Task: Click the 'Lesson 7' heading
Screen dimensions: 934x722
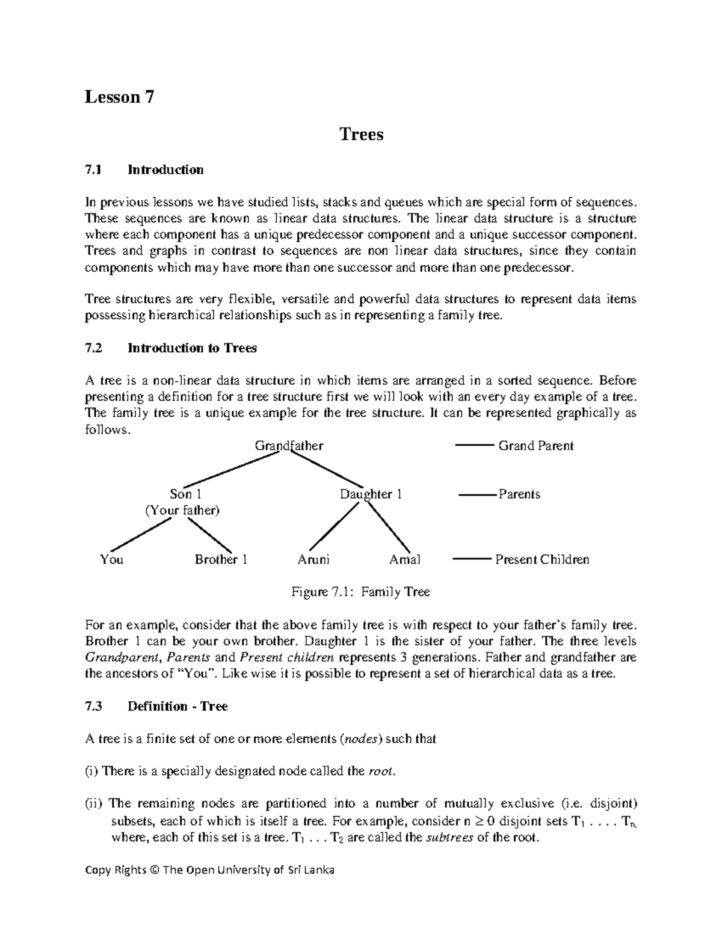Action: pyautogui.click(x=120, y=97)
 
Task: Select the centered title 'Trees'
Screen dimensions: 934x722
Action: pyautogui.click(x=361, y=134)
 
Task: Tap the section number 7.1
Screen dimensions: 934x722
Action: pyautogui.click(x=93, y=170)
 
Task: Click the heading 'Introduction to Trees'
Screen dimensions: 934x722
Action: pyautogui.click(x=192, y=348)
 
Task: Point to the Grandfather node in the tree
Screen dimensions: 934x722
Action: pyautogui.click(x=289, y=446)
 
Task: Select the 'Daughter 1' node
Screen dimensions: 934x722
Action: pyautogui.click(x=371, y=494)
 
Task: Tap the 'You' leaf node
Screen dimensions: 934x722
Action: pyautogui.click(x=112, y=560)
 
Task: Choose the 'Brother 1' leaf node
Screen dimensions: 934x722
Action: pyautogui.click(x=221, y=560)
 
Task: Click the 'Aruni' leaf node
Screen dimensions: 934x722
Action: pyautogui.click(x=313, y=560)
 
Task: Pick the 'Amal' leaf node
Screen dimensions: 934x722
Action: pyautogui.click(x=405, y=560)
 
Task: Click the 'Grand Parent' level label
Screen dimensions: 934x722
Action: pyautogui.click(x=535, y=446)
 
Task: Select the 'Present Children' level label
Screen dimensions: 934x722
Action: pyautogui.click(x=541, y=560)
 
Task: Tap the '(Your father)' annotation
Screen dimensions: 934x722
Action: pyautogui.click(x=182, y=511)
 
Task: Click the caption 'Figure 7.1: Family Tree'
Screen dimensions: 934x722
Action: pyautogui.click(x=360, y=592)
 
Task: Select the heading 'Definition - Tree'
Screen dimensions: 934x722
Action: pyautogui.click(x=177, y=707)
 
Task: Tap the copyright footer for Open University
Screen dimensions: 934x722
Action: pyautogui.click(x=209, y=870)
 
